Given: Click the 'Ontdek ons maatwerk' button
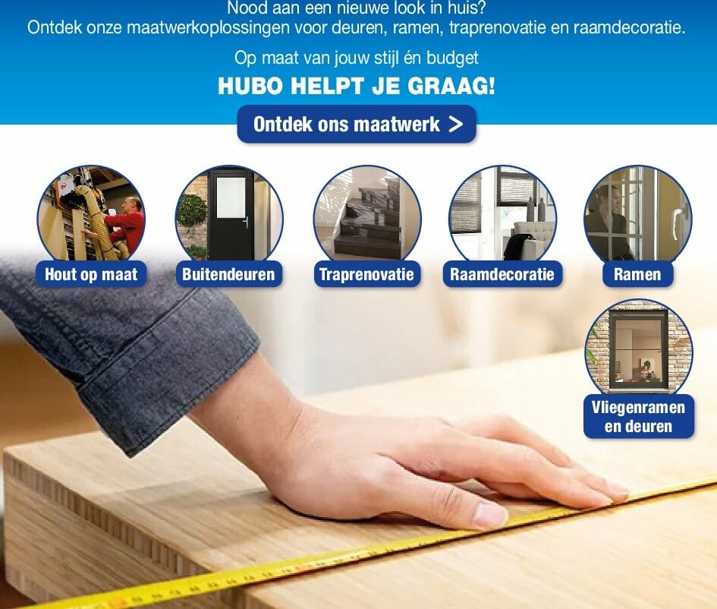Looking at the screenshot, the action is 357,124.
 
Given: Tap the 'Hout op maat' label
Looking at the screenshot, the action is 91,274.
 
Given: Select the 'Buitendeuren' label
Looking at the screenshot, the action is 228,274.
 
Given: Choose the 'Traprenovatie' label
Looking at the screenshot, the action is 366,274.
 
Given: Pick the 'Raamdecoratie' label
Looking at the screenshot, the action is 502,274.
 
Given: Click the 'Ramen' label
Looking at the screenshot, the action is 637,274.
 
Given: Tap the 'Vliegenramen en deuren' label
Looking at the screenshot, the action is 638,417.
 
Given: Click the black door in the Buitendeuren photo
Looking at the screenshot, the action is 231,215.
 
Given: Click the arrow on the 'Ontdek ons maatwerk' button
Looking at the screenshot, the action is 456,124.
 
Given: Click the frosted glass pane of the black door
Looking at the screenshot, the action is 231,197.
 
